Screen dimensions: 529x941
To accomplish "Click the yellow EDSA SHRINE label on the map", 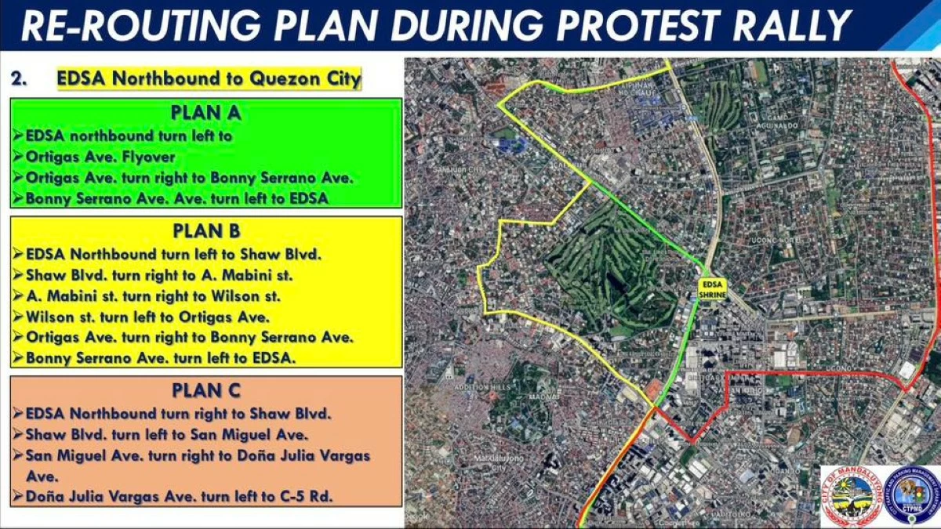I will click(713, 288).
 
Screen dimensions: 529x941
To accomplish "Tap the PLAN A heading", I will click(205, 113).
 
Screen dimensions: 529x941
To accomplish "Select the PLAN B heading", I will click(205, 231).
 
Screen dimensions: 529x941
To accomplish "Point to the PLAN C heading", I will click(205, 390).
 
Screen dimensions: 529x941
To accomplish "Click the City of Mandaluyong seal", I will click(849, 496).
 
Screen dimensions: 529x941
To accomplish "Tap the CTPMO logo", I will click(910, 496).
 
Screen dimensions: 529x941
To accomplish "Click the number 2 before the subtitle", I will click(18, 79).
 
